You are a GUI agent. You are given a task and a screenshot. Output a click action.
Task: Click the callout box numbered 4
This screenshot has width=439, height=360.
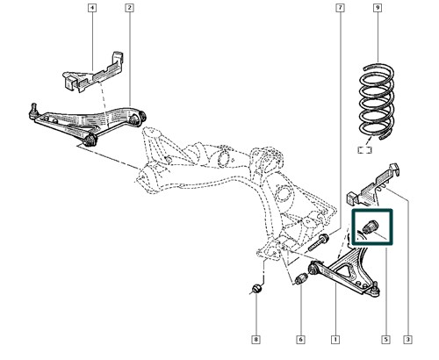tap(92, 8)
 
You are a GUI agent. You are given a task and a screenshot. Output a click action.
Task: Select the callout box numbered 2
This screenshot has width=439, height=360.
tap(129, 8)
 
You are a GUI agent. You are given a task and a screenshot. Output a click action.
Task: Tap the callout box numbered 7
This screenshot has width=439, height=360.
tap(340, 8)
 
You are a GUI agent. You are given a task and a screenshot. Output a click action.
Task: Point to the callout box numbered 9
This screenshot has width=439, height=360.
tap(378, 8)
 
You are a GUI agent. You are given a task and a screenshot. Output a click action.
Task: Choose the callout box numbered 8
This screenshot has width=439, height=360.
tap(256, 340)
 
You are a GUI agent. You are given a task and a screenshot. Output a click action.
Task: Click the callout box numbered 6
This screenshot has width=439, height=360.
tap(300, 340)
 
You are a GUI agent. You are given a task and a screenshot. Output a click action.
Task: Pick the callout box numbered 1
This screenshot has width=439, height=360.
tap(335, 340)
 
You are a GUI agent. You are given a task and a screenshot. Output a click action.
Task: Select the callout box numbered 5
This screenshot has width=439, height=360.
tap(385, 340)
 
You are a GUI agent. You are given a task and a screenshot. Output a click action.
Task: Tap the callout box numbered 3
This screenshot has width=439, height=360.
tap(407, 340)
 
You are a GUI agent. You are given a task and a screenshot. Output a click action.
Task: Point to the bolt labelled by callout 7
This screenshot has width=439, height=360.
tap(318, 242)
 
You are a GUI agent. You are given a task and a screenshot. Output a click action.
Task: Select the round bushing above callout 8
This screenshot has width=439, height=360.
tap(256, 288)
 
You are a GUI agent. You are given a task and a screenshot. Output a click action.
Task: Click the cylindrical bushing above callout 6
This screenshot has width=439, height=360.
tap(300, 279)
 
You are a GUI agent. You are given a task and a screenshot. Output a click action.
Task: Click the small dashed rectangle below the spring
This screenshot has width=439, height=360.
tap(365, 150)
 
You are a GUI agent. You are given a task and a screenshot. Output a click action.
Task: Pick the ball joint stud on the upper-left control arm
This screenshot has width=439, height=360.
tap(33, 112)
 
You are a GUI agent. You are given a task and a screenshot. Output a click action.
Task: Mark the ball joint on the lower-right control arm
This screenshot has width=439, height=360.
tap(375, 291)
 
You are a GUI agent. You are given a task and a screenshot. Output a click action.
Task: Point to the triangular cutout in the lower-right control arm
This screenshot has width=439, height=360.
tap(346, 270)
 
